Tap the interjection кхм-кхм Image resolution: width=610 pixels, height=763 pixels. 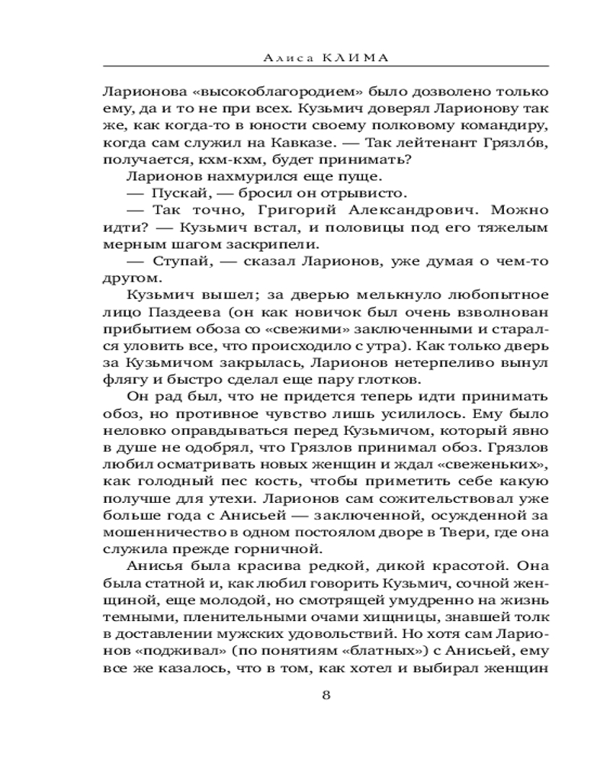[x=215, y=159]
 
